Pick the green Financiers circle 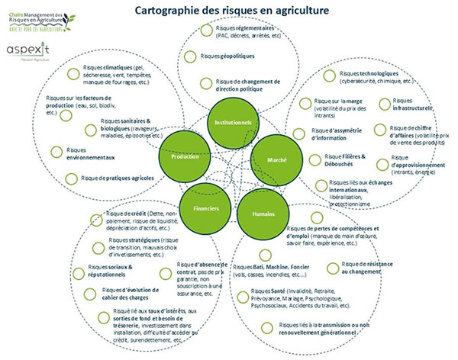point(202,207)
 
